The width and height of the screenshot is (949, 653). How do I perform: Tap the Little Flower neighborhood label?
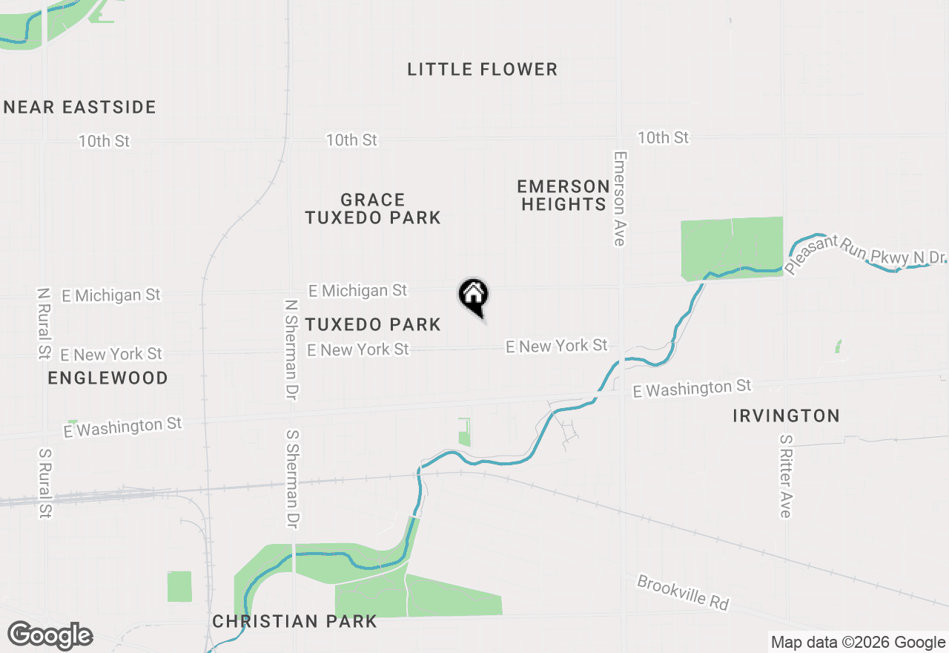(482, 70)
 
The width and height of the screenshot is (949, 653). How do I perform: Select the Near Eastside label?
(80, 108)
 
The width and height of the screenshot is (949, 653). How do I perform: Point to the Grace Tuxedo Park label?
(373, 209)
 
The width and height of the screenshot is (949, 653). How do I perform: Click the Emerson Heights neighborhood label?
(563, 195)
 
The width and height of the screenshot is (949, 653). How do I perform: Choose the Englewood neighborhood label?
(108, 378)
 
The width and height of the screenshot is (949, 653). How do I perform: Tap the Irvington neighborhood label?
(786, 416)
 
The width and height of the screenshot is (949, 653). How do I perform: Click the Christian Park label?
(294, 622)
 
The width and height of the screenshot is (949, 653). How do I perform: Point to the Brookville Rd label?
(683, 592)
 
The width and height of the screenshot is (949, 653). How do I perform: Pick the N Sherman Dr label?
(291, 350)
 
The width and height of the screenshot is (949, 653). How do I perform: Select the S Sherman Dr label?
(291, 478)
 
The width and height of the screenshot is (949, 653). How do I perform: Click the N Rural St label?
(43, 324)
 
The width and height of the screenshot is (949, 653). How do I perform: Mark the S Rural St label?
(44, 482)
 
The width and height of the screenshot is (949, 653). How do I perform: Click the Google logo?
(50, 636)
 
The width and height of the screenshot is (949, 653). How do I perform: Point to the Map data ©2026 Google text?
(858, 643)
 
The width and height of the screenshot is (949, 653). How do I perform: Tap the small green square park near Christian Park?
(179, 586)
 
